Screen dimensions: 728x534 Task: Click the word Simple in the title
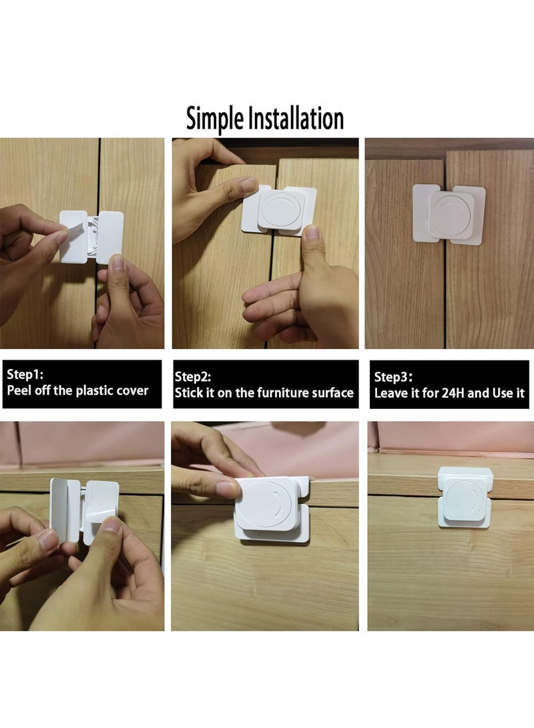[215, 119]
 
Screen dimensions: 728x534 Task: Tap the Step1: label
[25, 375]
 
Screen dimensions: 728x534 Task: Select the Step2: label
[192, 378]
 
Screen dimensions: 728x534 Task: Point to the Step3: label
[392, 378]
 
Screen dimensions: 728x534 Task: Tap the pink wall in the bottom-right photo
[454, 437]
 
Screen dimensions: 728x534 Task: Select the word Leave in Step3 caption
[389, 393]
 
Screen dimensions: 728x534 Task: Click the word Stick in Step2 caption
[188, 393]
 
